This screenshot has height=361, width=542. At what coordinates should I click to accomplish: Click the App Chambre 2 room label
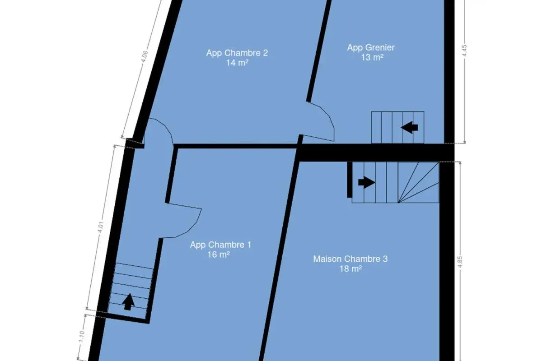[x=237, y=53]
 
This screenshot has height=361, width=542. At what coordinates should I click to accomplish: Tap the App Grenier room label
[x=371, y=48]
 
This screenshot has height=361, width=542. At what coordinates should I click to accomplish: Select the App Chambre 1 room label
[x=220, y=245]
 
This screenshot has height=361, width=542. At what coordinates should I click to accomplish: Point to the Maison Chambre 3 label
[x=350, y=259]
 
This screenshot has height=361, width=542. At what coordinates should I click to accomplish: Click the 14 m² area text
[x=237, y=63]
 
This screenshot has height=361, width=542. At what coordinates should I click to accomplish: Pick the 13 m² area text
[x=372, y=58]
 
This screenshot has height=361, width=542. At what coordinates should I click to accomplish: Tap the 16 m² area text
[x=219, y=255]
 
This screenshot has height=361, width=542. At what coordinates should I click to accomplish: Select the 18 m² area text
[x=350, y=269]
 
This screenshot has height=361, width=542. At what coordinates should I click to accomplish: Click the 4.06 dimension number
[x=145, y=56]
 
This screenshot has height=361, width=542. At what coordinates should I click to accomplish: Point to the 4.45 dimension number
[x=464, y=51]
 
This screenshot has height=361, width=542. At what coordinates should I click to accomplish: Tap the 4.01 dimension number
[x=101, y=227]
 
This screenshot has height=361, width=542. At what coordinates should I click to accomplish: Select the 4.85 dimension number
[x=460, y=262]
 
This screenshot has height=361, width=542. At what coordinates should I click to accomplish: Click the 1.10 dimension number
[x=82, y=336]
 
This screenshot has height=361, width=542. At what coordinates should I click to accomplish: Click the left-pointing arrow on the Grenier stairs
[x=409, y=127]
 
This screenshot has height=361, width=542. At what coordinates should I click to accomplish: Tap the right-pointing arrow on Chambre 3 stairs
[x=367, y=182]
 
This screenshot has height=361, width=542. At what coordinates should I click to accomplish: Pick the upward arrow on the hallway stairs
[x=128, y=302]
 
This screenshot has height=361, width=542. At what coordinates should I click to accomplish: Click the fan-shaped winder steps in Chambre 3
[x=418, y=182]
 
